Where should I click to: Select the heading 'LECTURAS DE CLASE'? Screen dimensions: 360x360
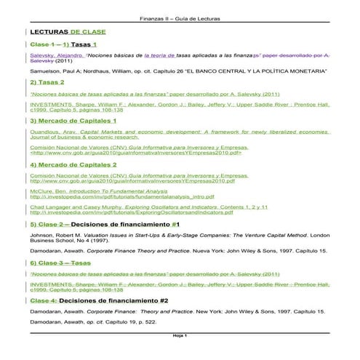tap(68, 33)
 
